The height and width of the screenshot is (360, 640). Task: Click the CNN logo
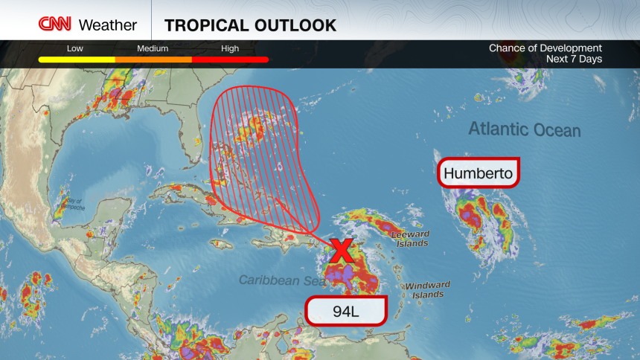click(x=56, y=25)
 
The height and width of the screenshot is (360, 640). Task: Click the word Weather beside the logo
click(x=108, y=25)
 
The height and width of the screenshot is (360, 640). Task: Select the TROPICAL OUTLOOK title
click(x=250, y=25)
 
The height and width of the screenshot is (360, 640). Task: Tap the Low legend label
click(x=75, y=49)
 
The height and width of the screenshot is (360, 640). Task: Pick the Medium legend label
click(x=153, y=49)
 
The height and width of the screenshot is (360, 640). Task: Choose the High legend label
click(x=230, y=49)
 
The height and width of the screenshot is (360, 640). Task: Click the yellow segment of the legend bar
click(x=77, y=60)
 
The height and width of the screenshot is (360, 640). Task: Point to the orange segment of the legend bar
click(x=153, y=60)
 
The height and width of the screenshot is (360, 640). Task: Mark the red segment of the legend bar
click(x=230, y=60)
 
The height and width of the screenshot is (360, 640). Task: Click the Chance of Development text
click(x=545, y=48)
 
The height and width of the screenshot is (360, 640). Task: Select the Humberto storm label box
click(x=478, y=174)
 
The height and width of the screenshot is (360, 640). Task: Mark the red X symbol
click(x=342, y=251)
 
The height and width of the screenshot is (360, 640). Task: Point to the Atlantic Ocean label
click(x=524, y=129)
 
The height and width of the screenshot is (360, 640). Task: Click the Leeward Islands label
click(x=409, y=239)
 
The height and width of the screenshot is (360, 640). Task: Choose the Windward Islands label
click(x=427, y=289)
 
